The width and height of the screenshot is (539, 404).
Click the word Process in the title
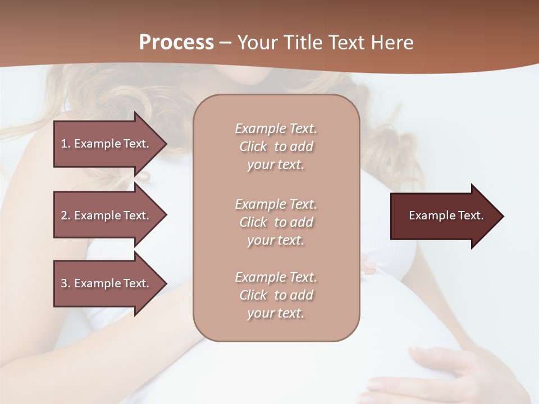click(176, 43)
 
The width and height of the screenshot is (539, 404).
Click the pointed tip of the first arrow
click(165, 144)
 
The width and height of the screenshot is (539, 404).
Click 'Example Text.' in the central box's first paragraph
click(276, 128)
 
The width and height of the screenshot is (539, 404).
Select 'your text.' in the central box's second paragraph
click(276, 240)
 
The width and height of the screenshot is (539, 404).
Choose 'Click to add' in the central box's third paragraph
click(276, 295)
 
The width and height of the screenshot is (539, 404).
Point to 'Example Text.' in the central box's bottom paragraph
click(276, 277)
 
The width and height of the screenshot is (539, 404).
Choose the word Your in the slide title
click(259, 43)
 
